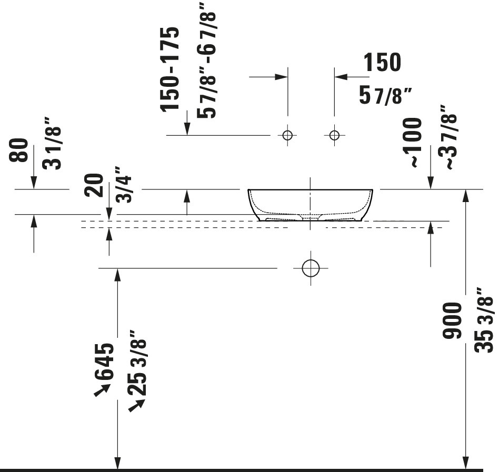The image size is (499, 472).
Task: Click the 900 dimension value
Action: (452, 320)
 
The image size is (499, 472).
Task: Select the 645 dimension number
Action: (104, 362)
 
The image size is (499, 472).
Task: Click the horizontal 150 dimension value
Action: (382, 62)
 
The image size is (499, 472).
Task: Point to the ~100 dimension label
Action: (412, 142)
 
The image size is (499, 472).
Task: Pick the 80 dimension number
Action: (18, 150)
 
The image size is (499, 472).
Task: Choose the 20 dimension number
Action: (94, 185)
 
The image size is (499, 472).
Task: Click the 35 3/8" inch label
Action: (484, 320)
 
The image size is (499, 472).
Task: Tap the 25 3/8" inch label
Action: (137, 363)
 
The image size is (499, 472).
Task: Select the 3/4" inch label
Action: (123, 185)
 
